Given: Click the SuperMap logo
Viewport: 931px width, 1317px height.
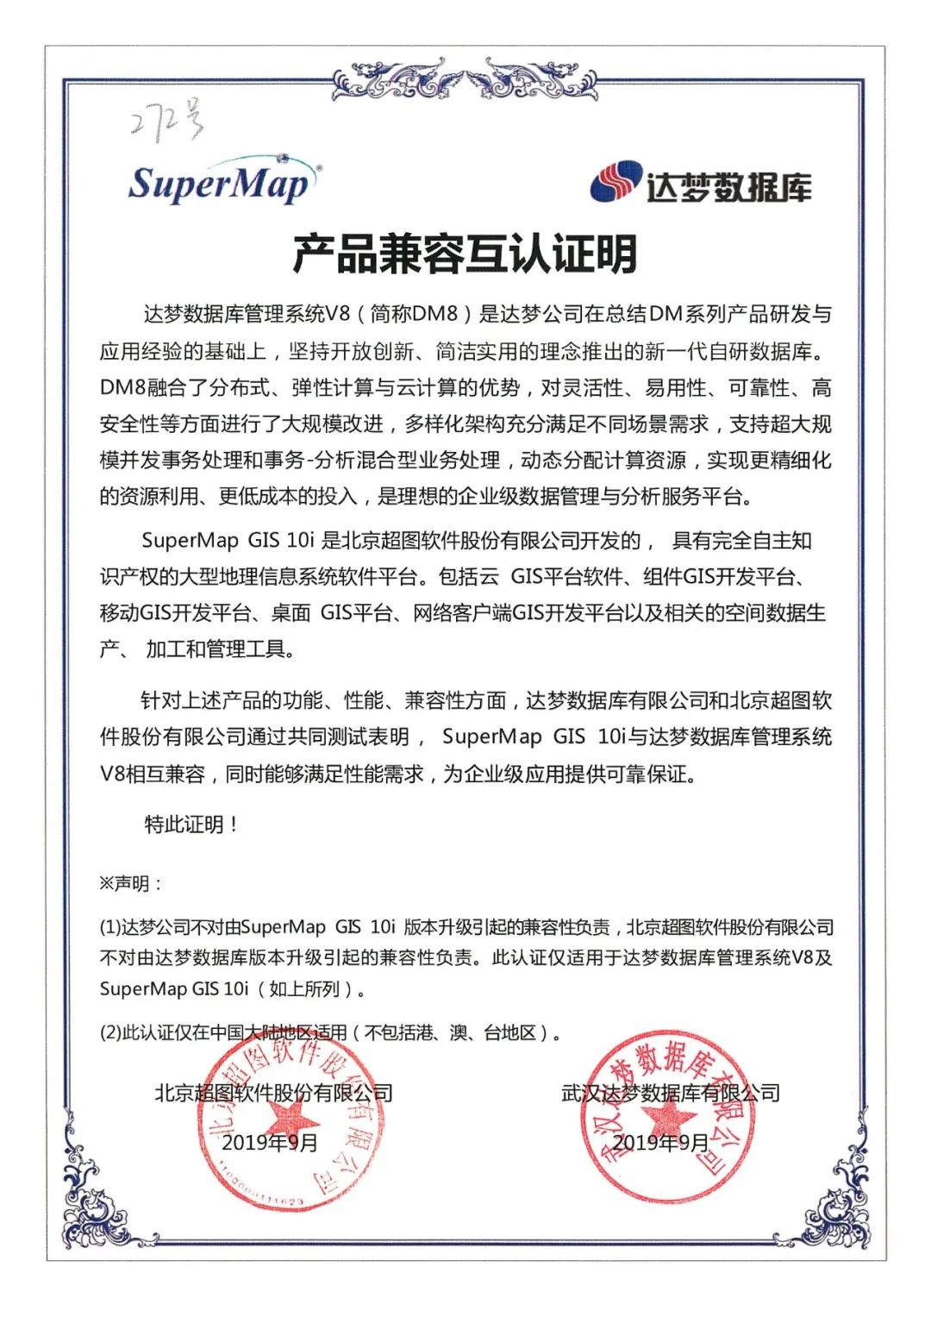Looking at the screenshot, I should pos(222,183).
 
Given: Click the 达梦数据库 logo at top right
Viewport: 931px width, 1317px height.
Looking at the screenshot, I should pos(701,184).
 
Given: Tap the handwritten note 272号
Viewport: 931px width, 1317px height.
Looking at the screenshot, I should pos(167,122).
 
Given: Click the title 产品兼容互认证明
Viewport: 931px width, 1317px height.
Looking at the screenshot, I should pos(465,254).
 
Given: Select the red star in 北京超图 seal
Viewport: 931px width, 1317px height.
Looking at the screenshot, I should pos(291,1122).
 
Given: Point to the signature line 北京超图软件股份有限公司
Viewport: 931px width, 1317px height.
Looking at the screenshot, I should pos(273,1093).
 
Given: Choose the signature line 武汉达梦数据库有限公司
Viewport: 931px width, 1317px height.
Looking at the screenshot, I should pos(671,1093).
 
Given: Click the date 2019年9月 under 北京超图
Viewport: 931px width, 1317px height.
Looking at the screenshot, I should pos(270,1143).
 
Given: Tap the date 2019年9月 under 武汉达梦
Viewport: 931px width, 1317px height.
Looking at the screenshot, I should pos(660,1143).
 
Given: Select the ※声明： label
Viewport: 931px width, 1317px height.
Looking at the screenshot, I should pos(130,884).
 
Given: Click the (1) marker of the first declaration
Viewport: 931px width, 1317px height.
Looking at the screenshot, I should pos(109,928).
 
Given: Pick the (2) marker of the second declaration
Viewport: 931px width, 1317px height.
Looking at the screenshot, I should pos(109,1032).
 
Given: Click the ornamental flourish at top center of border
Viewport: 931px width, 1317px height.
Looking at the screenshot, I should pos(465,79).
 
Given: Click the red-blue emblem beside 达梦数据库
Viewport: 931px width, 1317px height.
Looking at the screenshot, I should pos(616,182).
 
